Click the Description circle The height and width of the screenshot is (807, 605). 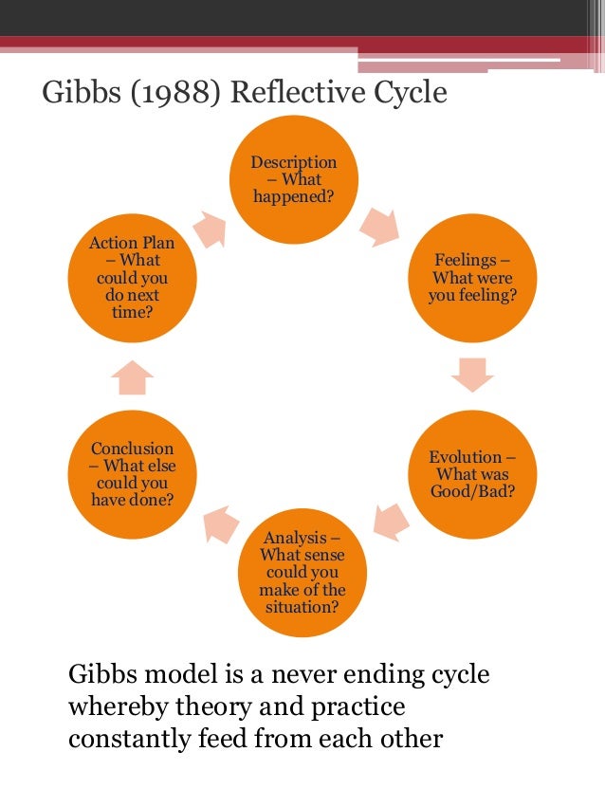pos(293,179)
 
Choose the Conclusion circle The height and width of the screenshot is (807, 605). pos(132,473)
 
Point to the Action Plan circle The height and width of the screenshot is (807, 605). pos(132,277)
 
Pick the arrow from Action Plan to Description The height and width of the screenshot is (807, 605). pos(211,228)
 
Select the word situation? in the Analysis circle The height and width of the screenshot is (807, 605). pos(302,606)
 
